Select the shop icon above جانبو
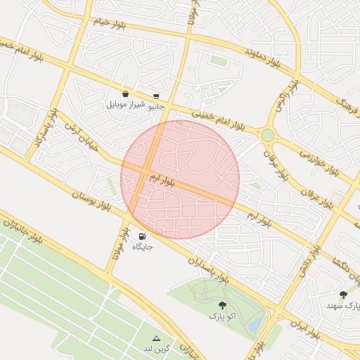pyautogui.click(x=156, y=97)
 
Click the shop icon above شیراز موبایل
pyautogui.click(x=125, y=94)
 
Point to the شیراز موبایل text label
pyautogui.click(x=126, y=105)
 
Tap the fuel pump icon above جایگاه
pyautogui.click(x=143, y=237)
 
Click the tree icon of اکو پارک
pyautogui.click(x=223, y=305)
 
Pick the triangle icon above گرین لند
pyautogui.click(x=156, y=338)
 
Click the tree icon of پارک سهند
pyautogui.click(x=343, y=295)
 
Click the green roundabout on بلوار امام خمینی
pyautogui.click(x=267, y=135)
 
